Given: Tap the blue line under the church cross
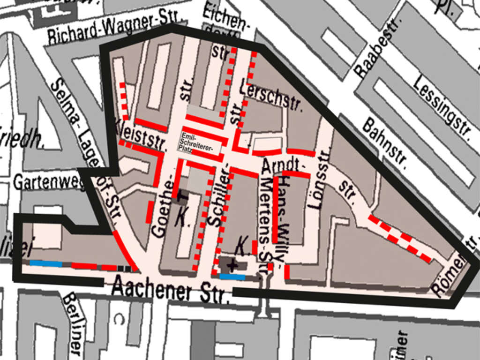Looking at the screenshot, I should pyautogui.click(x=232, y=277).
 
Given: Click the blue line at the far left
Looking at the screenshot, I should pyautogui.click(x=46, y=263).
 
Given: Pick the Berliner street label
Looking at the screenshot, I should pyautogui.click(x=74, y=323).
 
